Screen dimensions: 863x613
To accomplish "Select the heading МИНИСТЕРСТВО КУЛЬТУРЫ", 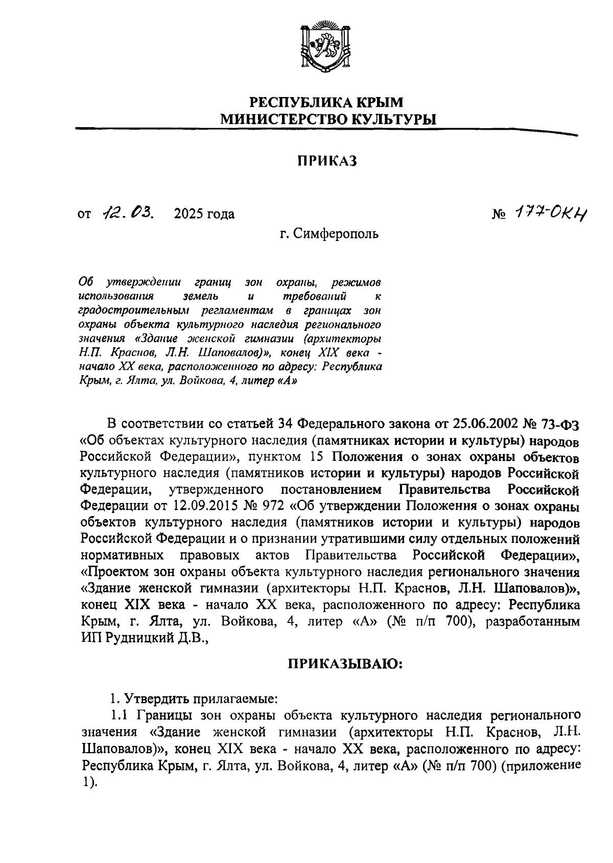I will [328, 119].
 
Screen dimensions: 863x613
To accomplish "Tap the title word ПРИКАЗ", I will [327, 161].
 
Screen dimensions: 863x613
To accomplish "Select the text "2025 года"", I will [204, 214].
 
